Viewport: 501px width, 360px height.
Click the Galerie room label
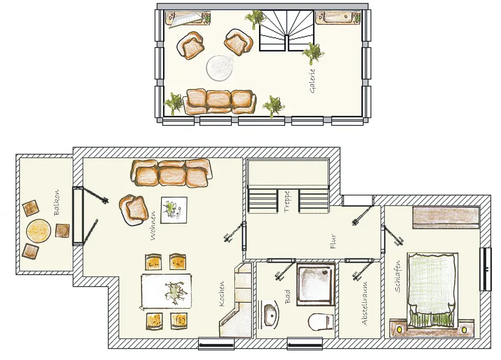[x=313, y=81]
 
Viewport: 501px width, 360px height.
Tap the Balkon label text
[x=57, y=202]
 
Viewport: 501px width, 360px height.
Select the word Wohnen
[x=153, y=225]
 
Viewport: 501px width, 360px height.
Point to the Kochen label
[x=222, y=294]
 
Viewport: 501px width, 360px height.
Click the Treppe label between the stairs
[x=287, y=202]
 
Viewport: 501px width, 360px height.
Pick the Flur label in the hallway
[x=333, y=242]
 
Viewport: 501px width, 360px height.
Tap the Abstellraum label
[x=365, y=303]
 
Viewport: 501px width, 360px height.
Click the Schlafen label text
[x=398, y=276]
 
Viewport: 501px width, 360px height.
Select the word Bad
[x=288, y=296]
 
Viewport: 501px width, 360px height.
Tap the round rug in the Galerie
[x=220, y=68]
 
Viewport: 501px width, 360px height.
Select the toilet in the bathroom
[x=321, y=322]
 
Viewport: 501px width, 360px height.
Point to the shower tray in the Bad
[x=316, y=284]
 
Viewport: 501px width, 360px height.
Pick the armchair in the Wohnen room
[x=134, y=209]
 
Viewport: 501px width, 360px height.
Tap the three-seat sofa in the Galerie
[x=220, y=101]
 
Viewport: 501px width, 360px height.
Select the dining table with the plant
[x=166, y=292]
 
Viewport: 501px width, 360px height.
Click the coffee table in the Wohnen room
[x=174, y=210]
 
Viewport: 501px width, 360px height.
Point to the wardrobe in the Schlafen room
[x=446, y=218]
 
